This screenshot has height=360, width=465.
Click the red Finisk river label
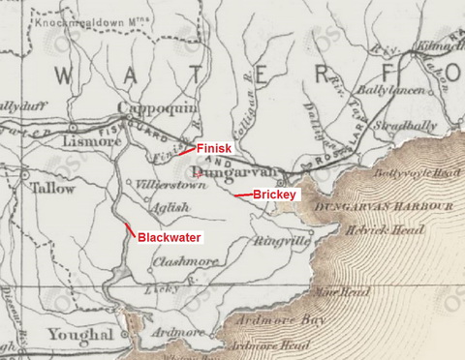coord(214,149)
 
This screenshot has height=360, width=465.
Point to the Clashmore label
coord(181,261)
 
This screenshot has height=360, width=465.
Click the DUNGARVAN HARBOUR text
coord(406,207)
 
